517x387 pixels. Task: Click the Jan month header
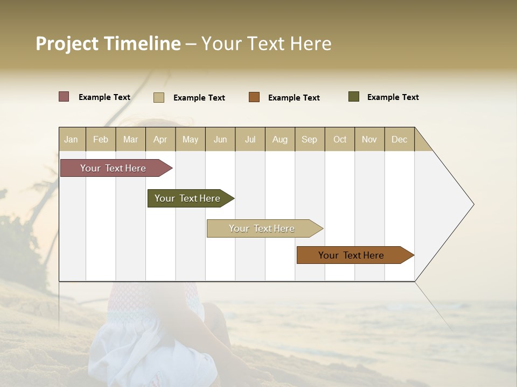point(72,139)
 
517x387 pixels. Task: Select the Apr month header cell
point(160,139)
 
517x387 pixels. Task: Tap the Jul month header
point(250,139)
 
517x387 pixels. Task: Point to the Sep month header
point(310,139)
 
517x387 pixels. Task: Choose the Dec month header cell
point(399,139)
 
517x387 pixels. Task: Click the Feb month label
point(101,139)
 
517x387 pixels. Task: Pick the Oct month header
point(340,139)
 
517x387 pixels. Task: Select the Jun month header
point(220,139)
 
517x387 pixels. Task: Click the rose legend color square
point(64,97)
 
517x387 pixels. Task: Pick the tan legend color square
point(159,97)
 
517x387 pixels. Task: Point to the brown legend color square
point(254,97)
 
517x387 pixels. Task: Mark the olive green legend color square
point(354,97)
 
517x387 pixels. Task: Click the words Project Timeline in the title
point(108,44)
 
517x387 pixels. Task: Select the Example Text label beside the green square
point(393,97)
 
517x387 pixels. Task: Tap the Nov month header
point(369,139)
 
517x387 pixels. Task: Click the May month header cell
point(190,139)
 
